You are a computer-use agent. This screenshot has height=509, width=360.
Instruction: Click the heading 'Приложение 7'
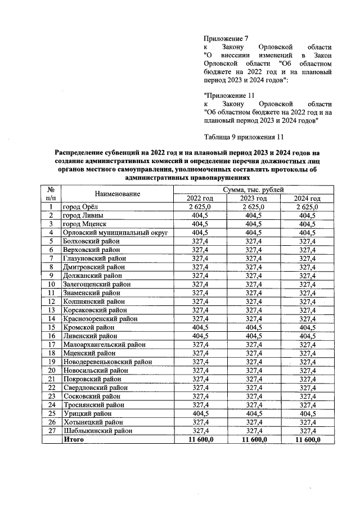click(x=225, y=38)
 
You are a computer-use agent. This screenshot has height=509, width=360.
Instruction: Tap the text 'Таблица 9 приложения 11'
click(x=244, y=136)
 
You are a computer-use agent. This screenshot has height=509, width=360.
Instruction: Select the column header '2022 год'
click(x=200, y=199)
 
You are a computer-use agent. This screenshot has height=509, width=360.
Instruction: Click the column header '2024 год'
click(x=307, y=199)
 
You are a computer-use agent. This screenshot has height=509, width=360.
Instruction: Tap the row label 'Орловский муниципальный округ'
click(x=109, y=232)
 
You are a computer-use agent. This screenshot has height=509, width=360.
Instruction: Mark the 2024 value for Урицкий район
click(x=307, y=413)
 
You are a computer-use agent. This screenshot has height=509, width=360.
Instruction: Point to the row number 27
click(x=51, y=430)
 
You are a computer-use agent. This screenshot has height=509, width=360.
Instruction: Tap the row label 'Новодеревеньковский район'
click(x=105, y=362)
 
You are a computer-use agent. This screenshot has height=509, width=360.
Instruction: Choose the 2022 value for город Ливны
click(x=200, y=215)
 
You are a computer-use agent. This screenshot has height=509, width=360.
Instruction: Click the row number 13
click(x=51, y=310)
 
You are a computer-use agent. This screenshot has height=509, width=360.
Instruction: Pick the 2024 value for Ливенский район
click(x=307, y=336)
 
